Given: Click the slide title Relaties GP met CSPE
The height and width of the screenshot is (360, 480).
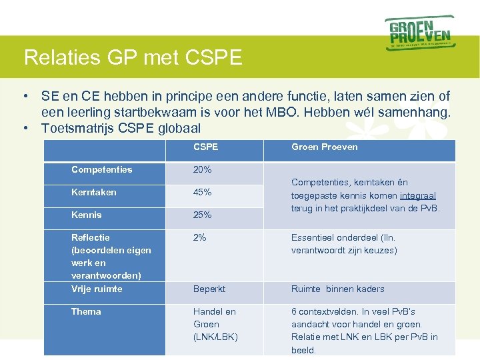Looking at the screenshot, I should pos(133,57).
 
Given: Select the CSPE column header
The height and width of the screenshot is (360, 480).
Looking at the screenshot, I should pos(205,147).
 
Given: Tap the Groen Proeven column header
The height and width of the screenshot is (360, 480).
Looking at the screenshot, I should pos(324,147).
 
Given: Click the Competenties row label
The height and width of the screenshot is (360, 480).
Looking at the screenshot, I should pos(101,169).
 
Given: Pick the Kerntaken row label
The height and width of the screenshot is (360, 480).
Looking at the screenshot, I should pos(93,192).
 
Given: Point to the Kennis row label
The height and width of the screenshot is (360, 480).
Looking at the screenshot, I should pos(87,215).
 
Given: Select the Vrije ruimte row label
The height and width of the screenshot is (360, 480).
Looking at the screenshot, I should pos(97,289).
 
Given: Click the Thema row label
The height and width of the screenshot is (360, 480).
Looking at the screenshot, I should pos(86,311).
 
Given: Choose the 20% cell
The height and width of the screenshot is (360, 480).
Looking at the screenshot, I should pos(202,169).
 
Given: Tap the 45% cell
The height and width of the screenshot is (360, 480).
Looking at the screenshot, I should pos(202,192).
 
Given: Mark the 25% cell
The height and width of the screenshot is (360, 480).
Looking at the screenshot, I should pos(202,215).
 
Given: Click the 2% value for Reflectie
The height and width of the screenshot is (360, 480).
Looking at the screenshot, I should pos(200,237).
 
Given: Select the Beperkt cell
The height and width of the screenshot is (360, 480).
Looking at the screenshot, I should pos(209,289).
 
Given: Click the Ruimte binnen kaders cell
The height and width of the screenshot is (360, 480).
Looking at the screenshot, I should pos(337,289).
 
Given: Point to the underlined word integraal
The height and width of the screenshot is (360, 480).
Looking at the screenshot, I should pos(418,195).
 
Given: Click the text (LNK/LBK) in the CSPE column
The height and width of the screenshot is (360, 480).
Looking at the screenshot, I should pos(215,337).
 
